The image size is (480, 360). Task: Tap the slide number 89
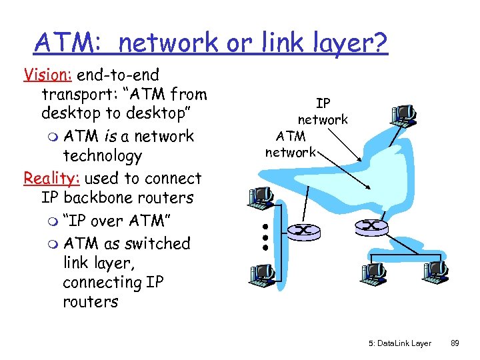pos(455,343)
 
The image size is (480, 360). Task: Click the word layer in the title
pos(345,43)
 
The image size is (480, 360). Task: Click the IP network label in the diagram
pos(323,111)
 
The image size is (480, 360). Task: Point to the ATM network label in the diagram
pos(291,144)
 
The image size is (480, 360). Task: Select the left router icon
pos(302,231)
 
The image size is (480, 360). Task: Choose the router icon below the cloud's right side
pos(371,227)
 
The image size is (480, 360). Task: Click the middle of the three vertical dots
pos(265,236)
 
